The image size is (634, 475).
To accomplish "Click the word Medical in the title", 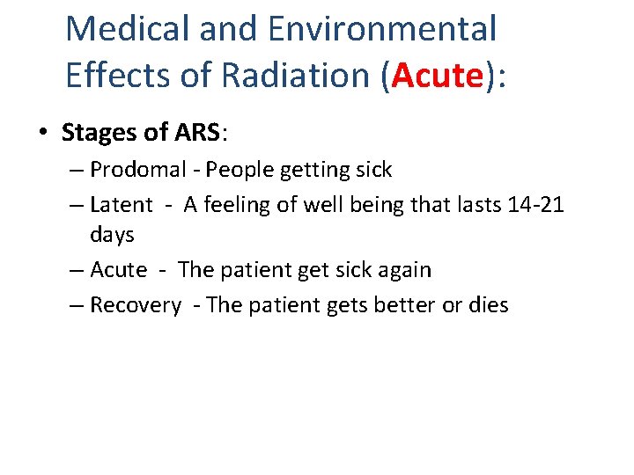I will coord(129,29).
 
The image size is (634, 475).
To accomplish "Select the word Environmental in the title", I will coord(382,29).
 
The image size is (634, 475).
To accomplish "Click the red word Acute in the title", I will coord(438,76).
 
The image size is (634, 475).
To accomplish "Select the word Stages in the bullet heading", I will coord(94,133).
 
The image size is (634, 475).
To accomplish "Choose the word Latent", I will coord(122,205).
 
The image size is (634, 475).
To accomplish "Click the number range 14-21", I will coord(536,205).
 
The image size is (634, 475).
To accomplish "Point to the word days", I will coord(112,235).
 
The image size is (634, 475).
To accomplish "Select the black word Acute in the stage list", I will coord(119,270).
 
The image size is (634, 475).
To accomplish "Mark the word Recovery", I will coord(136,305).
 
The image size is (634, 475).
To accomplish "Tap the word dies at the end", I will coord(489,305).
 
